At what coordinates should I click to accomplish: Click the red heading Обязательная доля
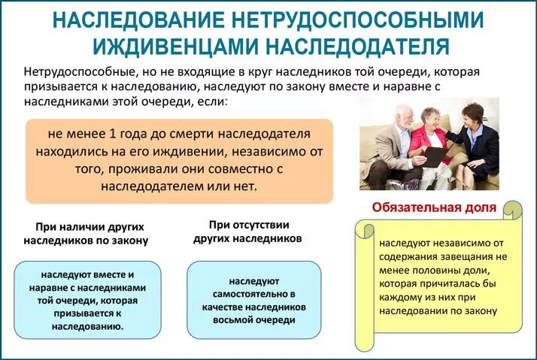click(434, 207)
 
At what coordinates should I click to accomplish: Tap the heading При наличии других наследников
click(88, 233)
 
